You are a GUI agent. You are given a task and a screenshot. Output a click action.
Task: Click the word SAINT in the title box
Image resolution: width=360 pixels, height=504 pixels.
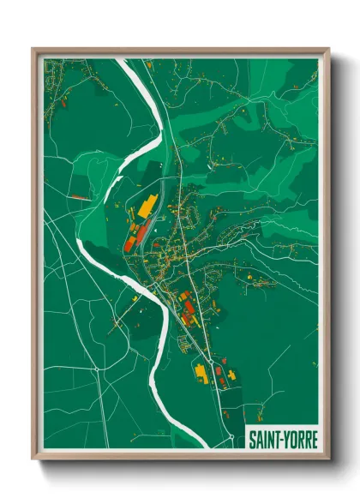263,441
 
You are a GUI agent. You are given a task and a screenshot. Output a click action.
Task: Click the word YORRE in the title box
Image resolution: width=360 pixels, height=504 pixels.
300,441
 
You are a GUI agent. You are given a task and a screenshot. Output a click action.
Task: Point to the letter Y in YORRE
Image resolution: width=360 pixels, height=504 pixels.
287,441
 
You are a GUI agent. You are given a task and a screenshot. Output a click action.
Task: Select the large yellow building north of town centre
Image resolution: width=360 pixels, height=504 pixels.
147,207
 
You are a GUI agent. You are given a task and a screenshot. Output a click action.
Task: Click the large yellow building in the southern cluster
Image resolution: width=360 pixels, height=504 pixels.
201,373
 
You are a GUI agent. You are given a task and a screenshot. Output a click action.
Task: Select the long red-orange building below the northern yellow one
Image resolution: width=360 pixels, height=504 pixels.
135,231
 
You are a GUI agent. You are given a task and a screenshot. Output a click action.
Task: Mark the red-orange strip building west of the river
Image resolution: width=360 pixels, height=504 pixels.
78,196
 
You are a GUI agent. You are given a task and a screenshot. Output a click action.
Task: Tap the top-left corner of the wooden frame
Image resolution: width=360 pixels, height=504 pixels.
33,50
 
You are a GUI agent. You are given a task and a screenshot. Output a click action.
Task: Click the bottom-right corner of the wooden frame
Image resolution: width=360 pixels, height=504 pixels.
329,459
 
